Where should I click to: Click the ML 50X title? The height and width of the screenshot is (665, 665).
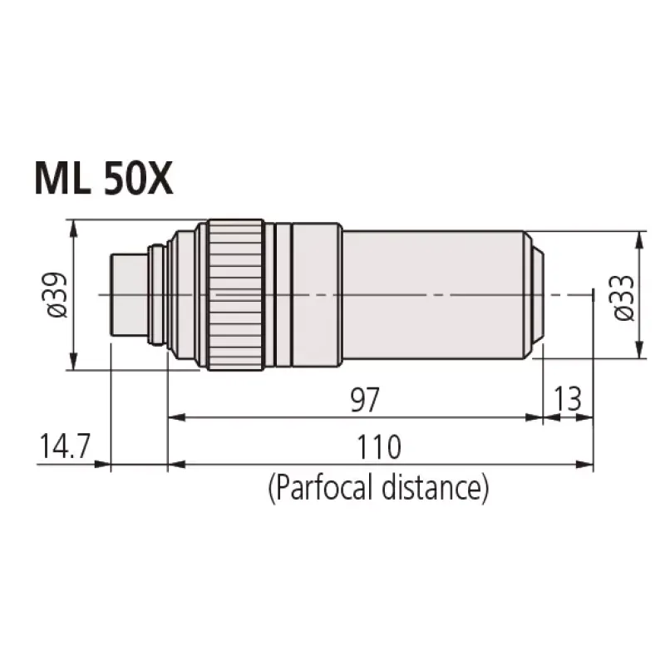coord(104,178)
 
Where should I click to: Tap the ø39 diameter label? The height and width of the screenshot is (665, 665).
coord(57,295)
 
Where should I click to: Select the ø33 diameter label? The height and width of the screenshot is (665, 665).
coord(624,298)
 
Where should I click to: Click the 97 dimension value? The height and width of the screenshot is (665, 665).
coord(365,400)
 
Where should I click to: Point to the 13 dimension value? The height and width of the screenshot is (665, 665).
coord(568,399)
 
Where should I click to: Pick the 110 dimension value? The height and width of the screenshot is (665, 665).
coord(379,447)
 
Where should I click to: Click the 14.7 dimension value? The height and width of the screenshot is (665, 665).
coord(65,446)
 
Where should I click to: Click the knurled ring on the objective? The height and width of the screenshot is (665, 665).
coord(236,295)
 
